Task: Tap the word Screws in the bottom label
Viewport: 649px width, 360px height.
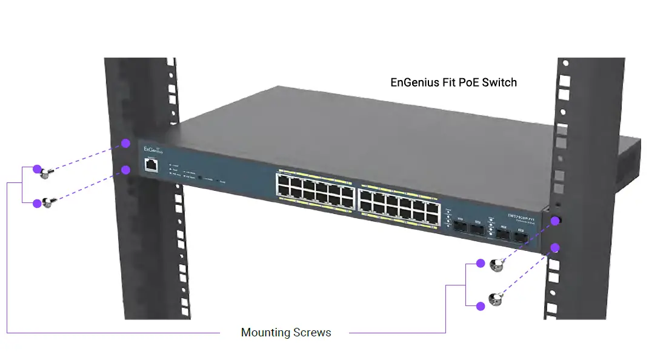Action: click(x=311, y=333)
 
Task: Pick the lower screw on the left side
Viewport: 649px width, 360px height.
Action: click(x=45, y=204)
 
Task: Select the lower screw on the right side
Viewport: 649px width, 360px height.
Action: click(x=495, y=298)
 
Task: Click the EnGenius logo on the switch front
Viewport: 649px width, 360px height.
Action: click(x=152, y=149)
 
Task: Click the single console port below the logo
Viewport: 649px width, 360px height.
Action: click(x=152, y=164)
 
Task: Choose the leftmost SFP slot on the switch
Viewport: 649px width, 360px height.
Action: click(x=459, y=227)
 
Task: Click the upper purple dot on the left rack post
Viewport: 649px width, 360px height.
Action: click(x=125, y=144)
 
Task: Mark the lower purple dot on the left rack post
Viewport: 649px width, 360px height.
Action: click(x=125, y=170)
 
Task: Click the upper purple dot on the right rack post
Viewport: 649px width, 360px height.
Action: click(x=555, y=221)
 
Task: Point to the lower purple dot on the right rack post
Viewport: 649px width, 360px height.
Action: click(x=555, y=247)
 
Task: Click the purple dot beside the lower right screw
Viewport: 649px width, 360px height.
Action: click(x=480, y=307)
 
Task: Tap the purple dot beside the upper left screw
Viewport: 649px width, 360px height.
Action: click(x=36, y=169)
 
